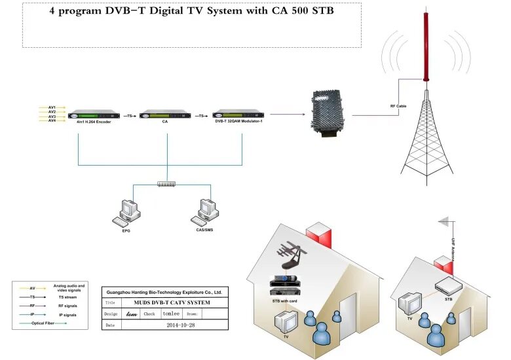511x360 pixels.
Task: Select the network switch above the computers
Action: pyautogui.click(x=167, y=185)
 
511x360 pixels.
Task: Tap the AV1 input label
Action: pyautogui.click(x=52, y=107)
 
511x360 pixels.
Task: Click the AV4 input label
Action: pyautogui.click(x=52, y=120)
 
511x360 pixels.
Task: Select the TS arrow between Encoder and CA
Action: pyautogui.click(x=130, y=116)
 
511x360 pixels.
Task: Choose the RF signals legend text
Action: pyautogui.click(x=67, y=306)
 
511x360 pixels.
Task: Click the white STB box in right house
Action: pyautogui.click(x=449, y=285)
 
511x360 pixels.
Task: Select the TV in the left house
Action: pyautogui.click(x=286, y=321)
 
